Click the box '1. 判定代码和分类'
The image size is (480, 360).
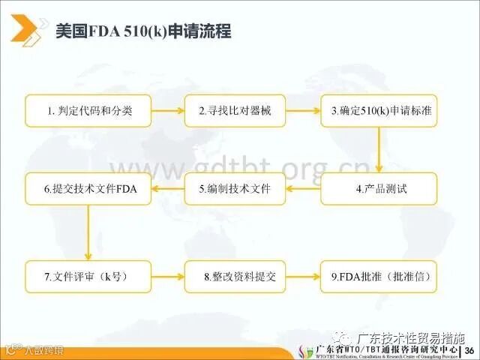pyautogui.click(x=88, y=111)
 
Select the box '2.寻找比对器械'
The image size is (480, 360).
pyautogui.click(x=235, y=111)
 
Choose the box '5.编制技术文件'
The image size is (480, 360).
pyautogui.click(x=235, y=189)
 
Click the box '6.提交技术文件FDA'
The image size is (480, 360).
pyautogui.click(x=88, y=189)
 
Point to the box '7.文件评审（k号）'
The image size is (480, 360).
pyautogui.click(x=88, y=277)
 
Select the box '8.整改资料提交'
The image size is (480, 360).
pyautogui.click(x=235, y=277)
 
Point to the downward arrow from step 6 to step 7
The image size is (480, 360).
pyautogui.click(x=88, y=232)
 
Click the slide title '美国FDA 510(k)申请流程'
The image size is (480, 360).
pyautogui.click(x=143, y=32)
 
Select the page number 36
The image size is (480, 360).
pyautogui.click(x=470, y=352)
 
